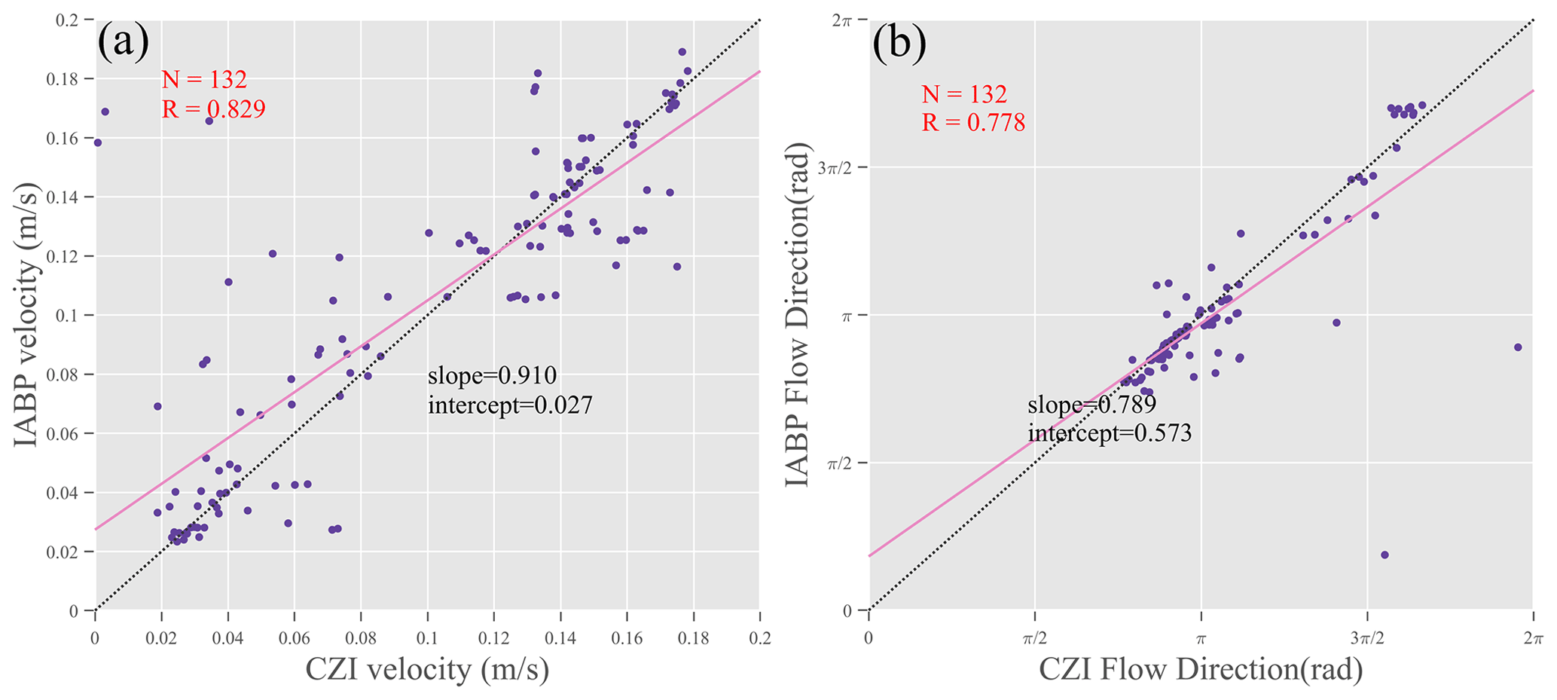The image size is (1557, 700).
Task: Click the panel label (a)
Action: [123, 43]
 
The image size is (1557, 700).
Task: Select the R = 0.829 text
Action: [213, 109]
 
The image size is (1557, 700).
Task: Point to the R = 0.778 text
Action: [973, 122]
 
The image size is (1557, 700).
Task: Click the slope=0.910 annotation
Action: [492, 374]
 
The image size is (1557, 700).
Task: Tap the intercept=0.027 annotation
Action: [510, 405]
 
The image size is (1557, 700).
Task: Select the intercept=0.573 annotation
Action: [1110, 433]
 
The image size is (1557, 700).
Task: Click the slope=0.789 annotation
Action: [1091, 405]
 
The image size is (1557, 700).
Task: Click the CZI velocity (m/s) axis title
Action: [427, 669]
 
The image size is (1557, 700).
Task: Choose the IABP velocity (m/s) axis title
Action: [26, 315]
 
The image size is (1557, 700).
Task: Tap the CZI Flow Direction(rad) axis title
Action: [1201, 669]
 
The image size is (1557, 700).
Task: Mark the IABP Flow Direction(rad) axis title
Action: [798, 315]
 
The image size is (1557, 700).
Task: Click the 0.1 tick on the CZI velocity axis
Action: [427, 639]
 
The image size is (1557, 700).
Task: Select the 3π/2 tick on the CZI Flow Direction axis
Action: [1366, 639]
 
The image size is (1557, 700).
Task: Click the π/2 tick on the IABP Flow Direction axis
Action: [838, 463]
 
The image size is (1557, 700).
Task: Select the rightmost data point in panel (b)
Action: [1517, 347]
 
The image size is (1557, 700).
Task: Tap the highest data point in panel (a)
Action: [682, 52]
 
